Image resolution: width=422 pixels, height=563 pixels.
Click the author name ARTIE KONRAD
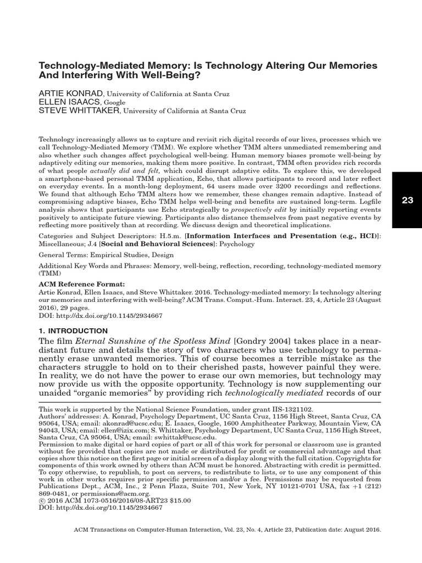click(x=70, y=94)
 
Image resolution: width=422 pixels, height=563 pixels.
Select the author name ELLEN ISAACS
click(x=68, y=102)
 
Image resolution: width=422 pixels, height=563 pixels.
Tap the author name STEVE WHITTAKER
click(x=79, y=111)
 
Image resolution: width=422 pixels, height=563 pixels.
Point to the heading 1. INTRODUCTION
click(x=73, y=330)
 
